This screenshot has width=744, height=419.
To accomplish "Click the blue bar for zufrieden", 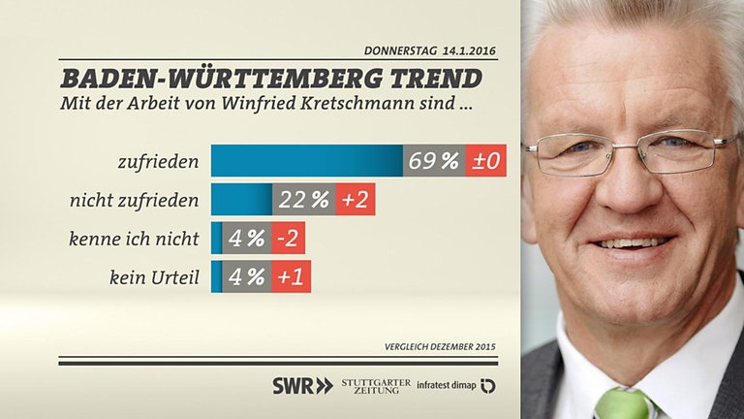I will point(306,161).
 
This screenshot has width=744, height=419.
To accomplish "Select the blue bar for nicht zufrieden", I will point(241,200).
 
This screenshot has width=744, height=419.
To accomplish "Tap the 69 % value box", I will point(433,161).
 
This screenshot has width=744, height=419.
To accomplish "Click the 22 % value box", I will point(304,200).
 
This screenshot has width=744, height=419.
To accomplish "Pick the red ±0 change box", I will point(484,161).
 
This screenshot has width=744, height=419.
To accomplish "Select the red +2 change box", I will point(355,200).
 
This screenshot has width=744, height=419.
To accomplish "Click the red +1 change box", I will point(291,276).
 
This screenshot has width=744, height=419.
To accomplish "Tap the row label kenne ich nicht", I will point(135,239).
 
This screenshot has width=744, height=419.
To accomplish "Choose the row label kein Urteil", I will point(155,277).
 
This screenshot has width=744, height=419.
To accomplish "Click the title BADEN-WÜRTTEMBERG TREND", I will point(271,78).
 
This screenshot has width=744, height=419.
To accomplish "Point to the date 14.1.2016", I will point(473,50).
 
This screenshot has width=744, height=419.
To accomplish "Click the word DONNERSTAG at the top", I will point(399,50).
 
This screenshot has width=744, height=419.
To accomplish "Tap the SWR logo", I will point(301,385).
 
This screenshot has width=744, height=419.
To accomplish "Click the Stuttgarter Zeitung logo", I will point(375,385).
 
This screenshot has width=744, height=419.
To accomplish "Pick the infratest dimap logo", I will point(455,385).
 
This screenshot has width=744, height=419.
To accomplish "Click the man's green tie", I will point(622,403).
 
